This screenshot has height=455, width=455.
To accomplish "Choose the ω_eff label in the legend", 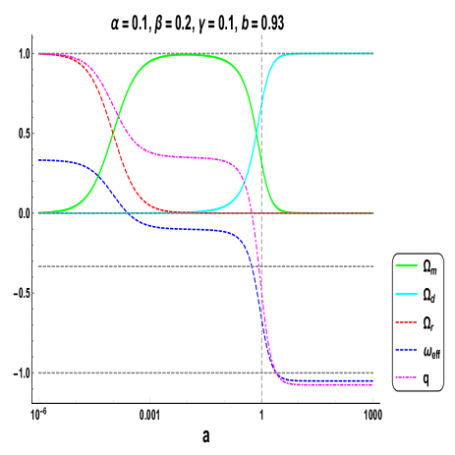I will [431, 351].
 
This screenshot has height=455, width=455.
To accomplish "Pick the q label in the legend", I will [427, 378].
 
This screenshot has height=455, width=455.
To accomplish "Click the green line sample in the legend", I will [407, 265].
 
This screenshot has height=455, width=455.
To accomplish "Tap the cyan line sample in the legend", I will [407, 294].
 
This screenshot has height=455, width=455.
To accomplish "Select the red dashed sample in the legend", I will [407, 322].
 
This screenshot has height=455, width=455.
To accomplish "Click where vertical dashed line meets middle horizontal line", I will [261, 266].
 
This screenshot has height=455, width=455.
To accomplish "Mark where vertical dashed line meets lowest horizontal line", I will [261, 372].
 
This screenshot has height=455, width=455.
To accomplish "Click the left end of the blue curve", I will [38, 159].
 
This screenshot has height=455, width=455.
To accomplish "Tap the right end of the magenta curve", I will [373, 385].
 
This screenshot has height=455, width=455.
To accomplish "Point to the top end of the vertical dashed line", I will [261, 34].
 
